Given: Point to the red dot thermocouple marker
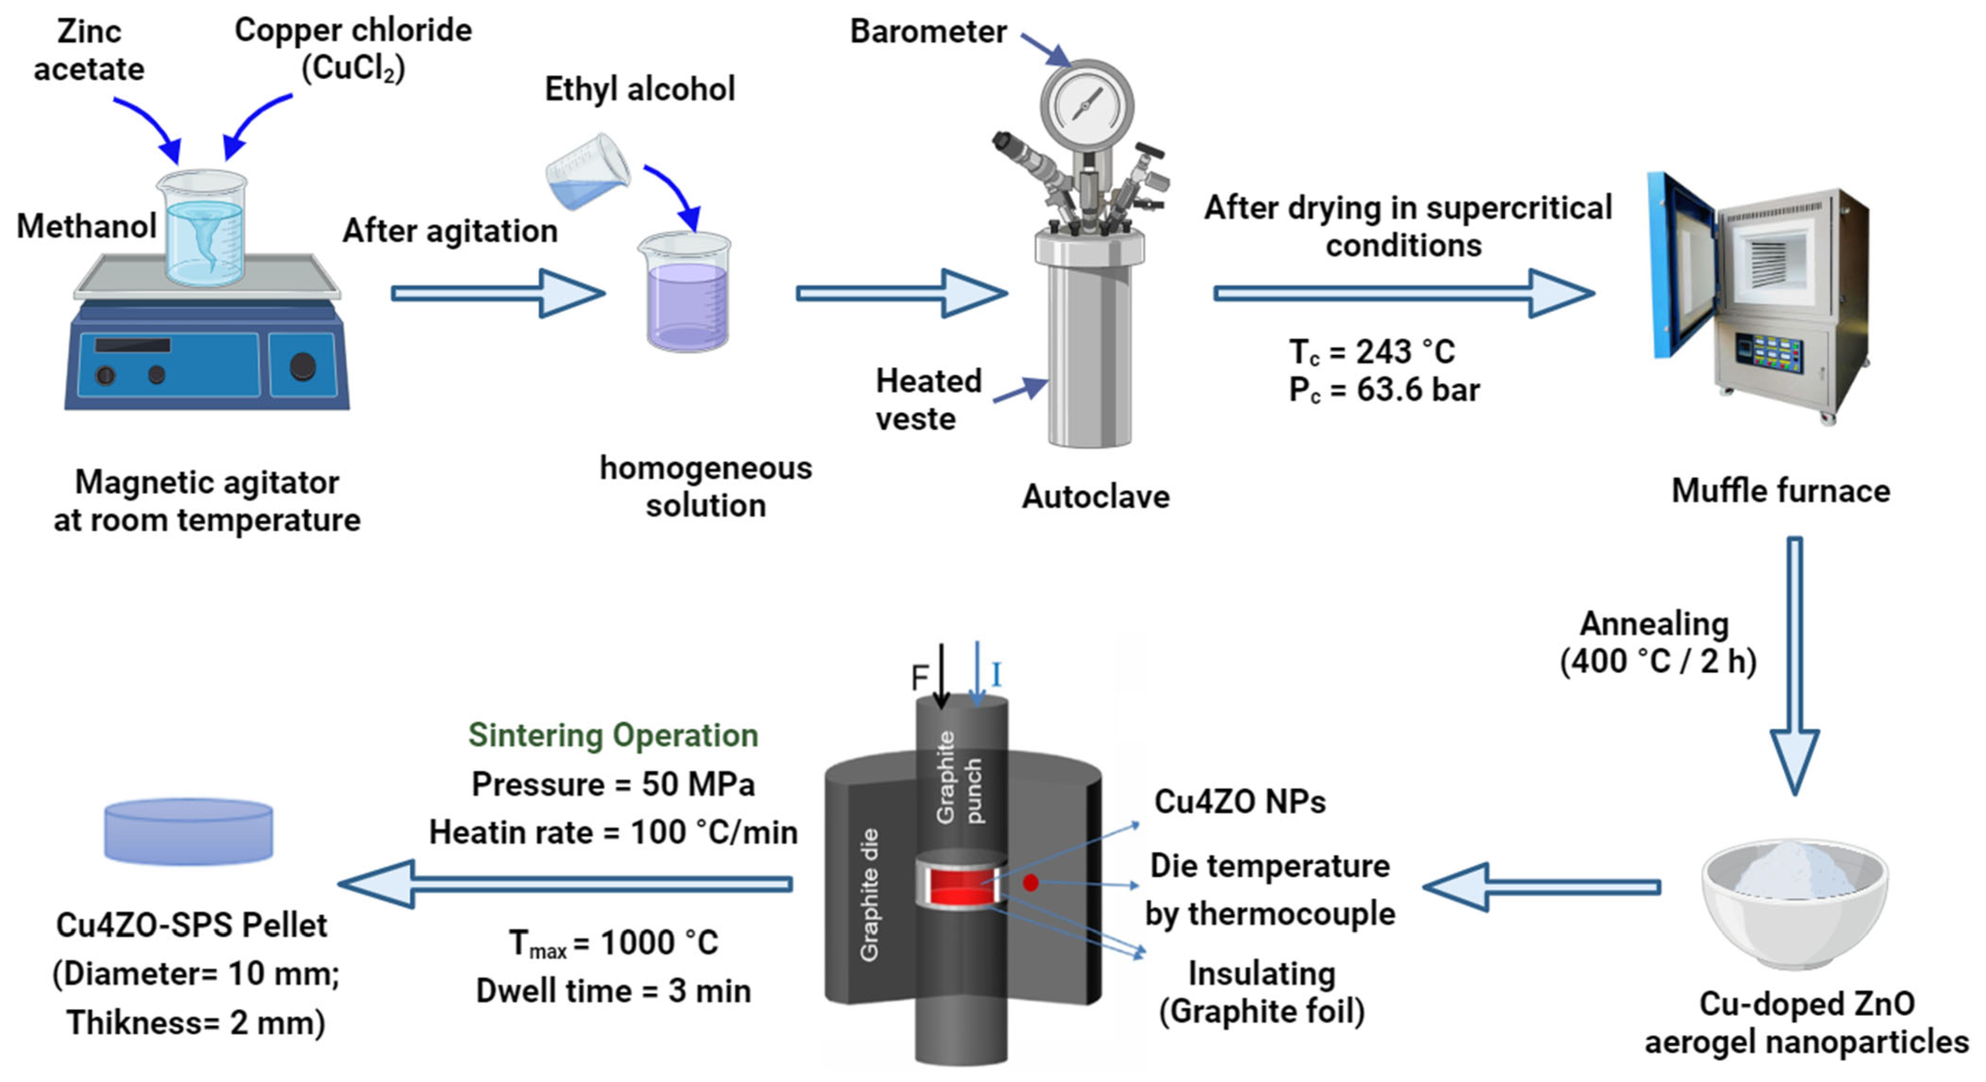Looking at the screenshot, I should coord(1030,882).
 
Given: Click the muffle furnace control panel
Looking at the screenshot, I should coord(1769,353).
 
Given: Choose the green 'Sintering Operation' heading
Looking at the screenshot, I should coord(613,735).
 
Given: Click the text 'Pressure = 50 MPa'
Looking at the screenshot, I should coord(613,784).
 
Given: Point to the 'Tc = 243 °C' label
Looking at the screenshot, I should coord(1373,353).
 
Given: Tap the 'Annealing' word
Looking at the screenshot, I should coord(1654,624).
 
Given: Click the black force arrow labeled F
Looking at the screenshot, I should coord(940,675).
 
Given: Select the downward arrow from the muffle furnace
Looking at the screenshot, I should coord(1795,663).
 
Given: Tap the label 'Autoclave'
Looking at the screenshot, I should coord(1095,497).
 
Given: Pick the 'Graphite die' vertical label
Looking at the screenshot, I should coord(869,894).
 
